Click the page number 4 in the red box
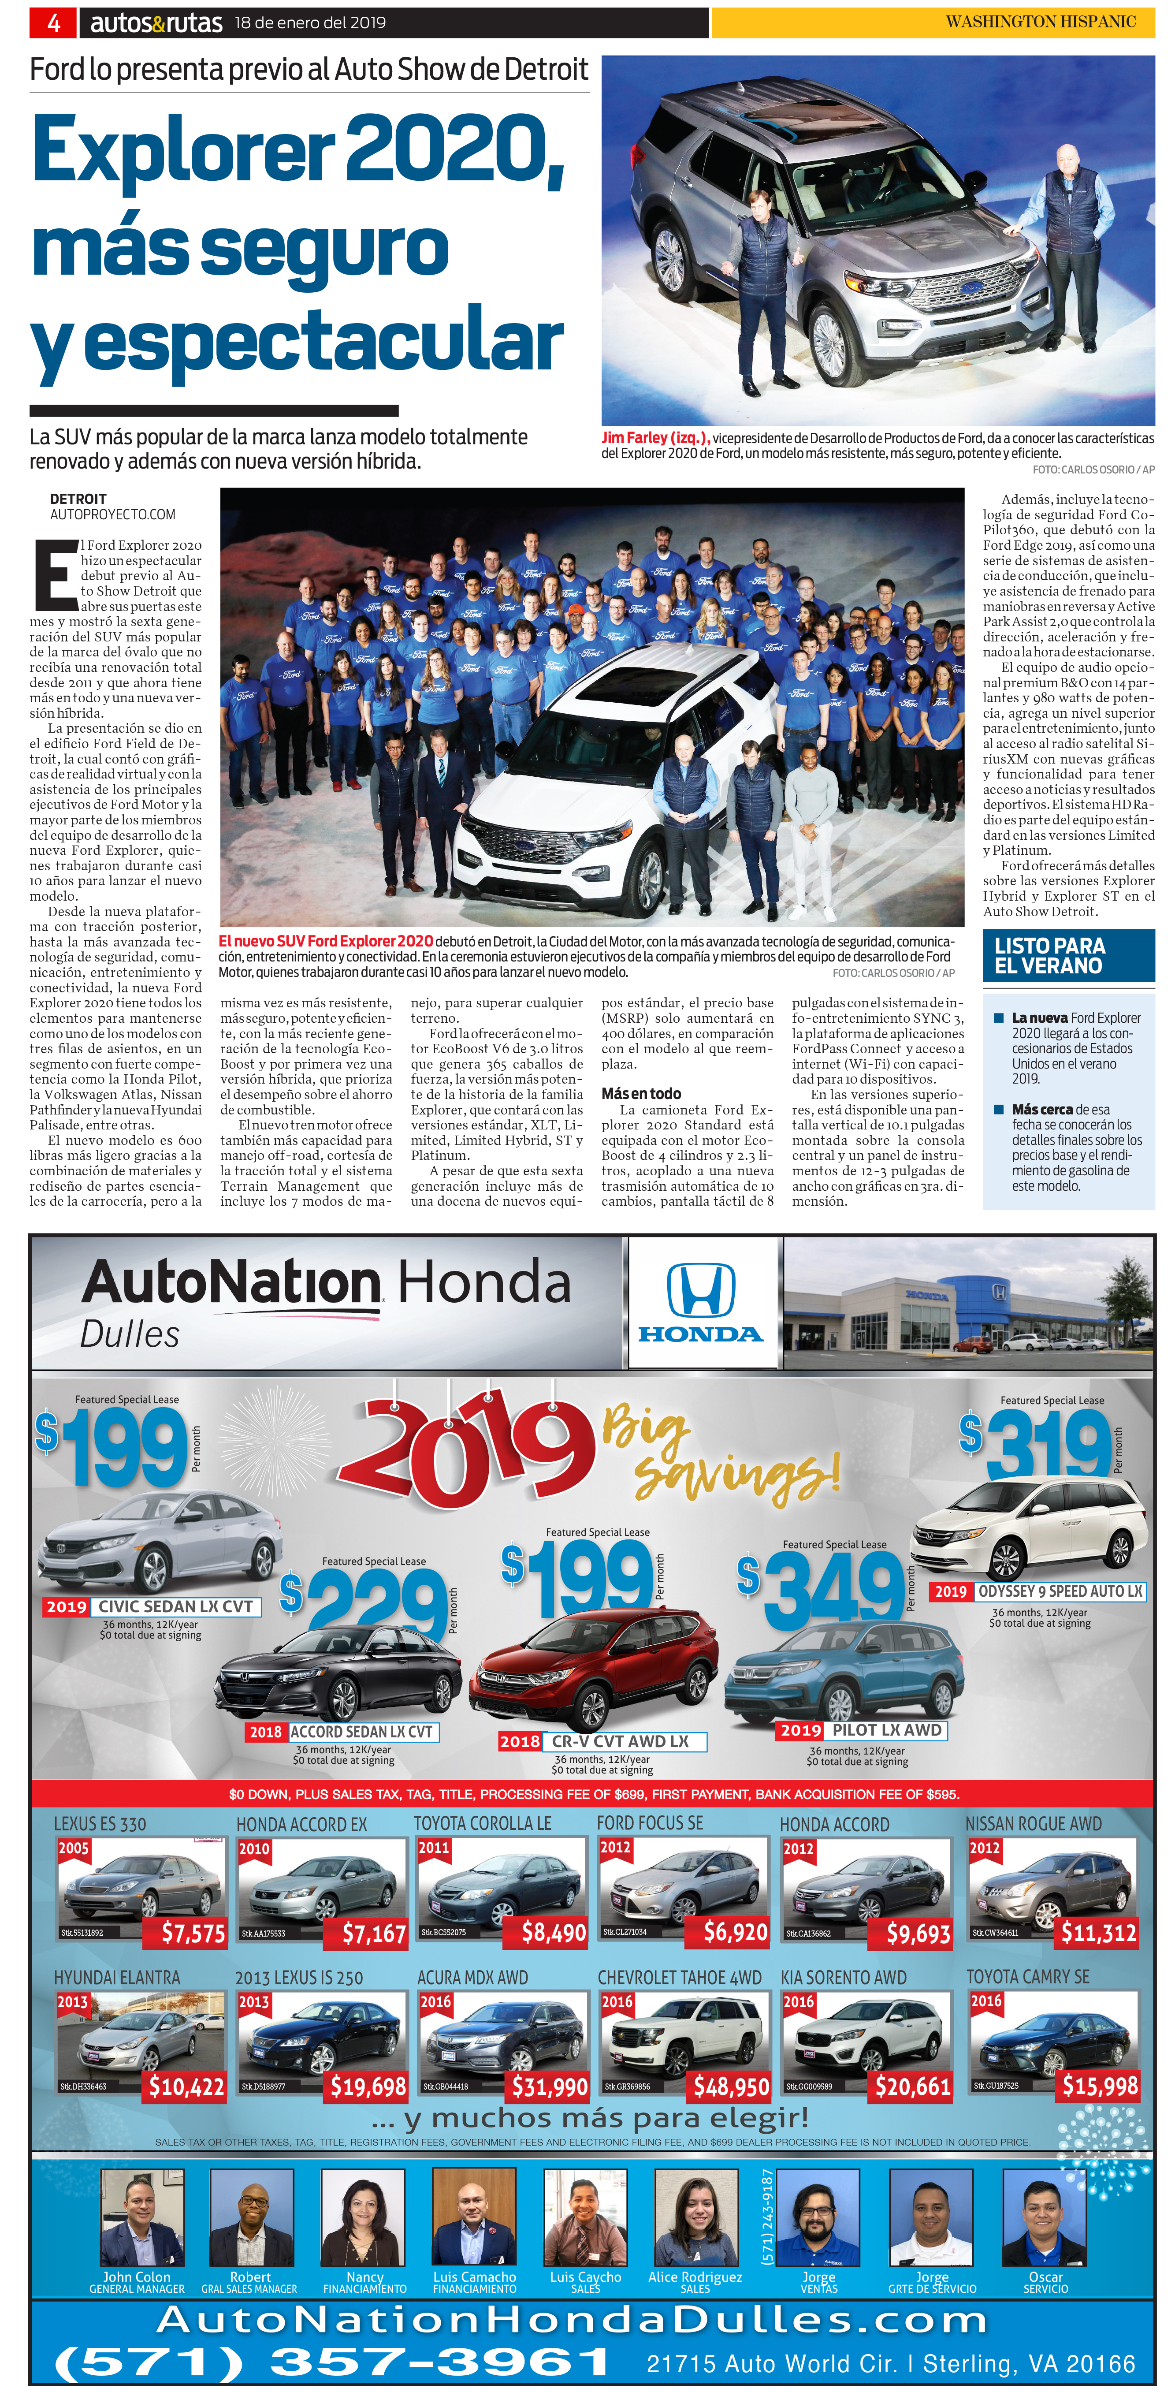[54, 22]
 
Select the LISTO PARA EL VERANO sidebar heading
[1050, 955]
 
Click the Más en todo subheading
[641, 1094]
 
